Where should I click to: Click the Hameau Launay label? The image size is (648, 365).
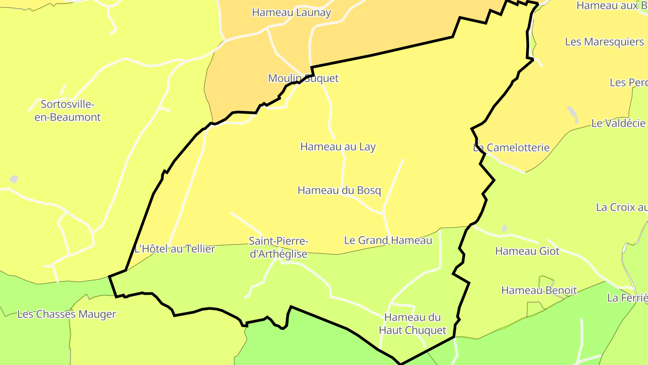[291, 13]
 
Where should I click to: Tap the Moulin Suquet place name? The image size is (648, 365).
[303, 78]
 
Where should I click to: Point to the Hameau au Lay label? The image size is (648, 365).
[337, 147]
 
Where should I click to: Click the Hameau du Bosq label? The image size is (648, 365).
[339, 191]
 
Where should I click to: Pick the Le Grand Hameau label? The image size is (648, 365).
[388, 241]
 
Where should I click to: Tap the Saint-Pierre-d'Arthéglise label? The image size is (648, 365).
[279, 247]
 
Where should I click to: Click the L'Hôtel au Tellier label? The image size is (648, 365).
[175, 249]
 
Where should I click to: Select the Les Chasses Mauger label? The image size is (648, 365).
[67, 315]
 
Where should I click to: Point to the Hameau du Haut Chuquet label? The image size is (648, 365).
[413, 324]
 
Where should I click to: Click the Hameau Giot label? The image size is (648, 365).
[527, 251]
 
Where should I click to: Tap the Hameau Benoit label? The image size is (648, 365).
[539, 291]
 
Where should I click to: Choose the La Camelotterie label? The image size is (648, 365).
[511, 148]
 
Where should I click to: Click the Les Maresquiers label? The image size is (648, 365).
[604, 42]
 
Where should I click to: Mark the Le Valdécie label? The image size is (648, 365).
[618, 123]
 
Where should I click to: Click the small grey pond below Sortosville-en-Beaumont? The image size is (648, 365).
[14, 179]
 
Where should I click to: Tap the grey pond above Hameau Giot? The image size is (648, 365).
[504, 228]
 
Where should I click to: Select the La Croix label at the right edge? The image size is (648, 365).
[621, 208]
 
